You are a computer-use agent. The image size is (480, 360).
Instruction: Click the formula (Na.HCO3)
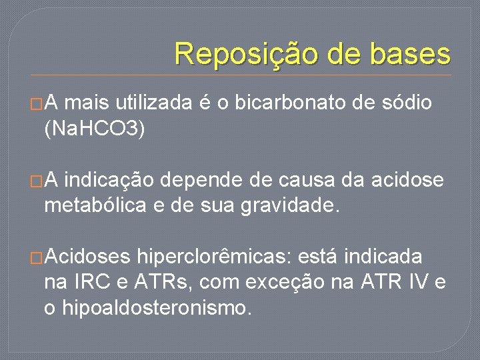94,129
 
